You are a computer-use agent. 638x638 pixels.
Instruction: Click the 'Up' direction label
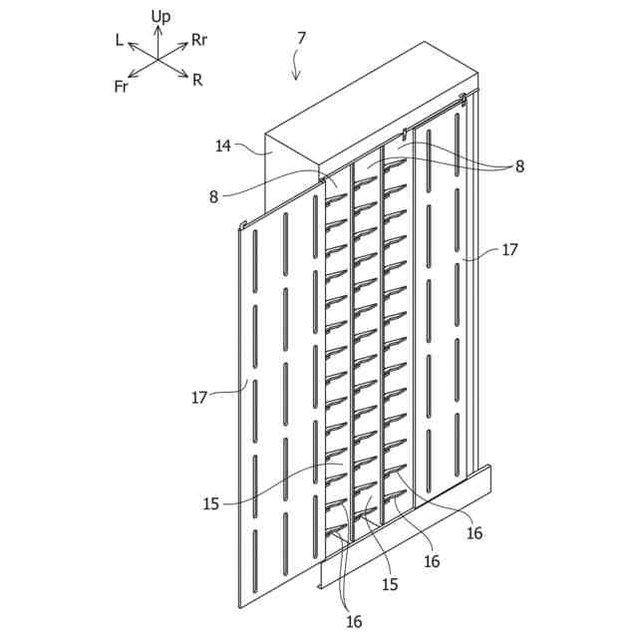click(x=160, y=16)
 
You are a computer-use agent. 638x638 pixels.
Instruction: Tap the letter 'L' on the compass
click(x=120, y=40)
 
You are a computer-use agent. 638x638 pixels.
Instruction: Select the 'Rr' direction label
click(x=199, y=41)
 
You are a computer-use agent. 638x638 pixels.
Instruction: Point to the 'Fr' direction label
click(x=121, y=87)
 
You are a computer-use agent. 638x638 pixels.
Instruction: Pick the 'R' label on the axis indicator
click(x=198, y=80)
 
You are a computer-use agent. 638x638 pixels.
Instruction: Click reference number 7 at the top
click(x=301, y=38)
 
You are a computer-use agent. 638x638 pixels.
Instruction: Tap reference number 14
click(x=223, y=147)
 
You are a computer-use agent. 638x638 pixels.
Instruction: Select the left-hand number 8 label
click(x=213, y=196)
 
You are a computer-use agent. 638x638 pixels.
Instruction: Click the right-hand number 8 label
click(x=519, y=167)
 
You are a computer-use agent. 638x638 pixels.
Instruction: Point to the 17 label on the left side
click(x=198, y=397)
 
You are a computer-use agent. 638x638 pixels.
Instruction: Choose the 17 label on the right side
click(x=509, y=250)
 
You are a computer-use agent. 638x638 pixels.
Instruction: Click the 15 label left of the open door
click(x=210, y=504)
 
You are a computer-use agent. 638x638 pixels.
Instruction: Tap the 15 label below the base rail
click(x=389, y=584)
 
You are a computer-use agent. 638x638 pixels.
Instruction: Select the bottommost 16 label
click(x=354, y=621)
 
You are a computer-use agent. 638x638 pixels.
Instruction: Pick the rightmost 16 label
click(x=475, y=533)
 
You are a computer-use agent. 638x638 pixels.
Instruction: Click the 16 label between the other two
click(x=431, y=561)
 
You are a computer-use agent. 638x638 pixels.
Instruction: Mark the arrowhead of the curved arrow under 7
click(x=296, y=79)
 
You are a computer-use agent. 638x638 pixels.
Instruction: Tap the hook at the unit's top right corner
click(x=464, y=99)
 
